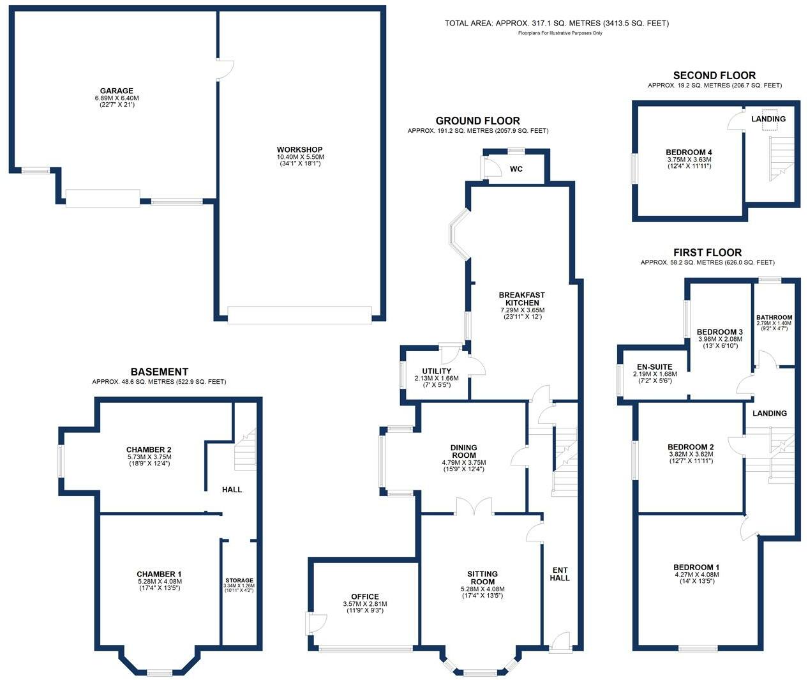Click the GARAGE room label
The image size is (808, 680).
click(116, 91)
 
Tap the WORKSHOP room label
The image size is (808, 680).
click(299, 149)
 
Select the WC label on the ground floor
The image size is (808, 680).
click(516, 169)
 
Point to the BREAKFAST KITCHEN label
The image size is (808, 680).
click(521, 299)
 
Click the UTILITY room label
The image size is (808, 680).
click(437, 371)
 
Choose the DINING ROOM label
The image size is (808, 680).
click(463, 451)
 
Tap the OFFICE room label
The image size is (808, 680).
click(364, 596)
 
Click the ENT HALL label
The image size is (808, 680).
click(560, 574)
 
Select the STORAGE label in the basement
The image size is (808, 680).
click(239, 580)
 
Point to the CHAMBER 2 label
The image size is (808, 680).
click(149, 450)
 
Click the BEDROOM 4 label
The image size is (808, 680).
click(689, 152)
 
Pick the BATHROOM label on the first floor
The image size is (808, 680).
click(774, 317)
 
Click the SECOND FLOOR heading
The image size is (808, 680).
click(714, 75)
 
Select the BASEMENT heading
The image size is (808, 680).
click(159, 372)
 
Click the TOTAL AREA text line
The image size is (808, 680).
click(557, 24)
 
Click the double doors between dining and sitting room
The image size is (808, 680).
click(474, 507)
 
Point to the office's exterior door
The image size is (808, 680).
click(316, 623)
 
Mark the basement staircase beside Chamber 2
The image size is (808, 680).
click(244, 450)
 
